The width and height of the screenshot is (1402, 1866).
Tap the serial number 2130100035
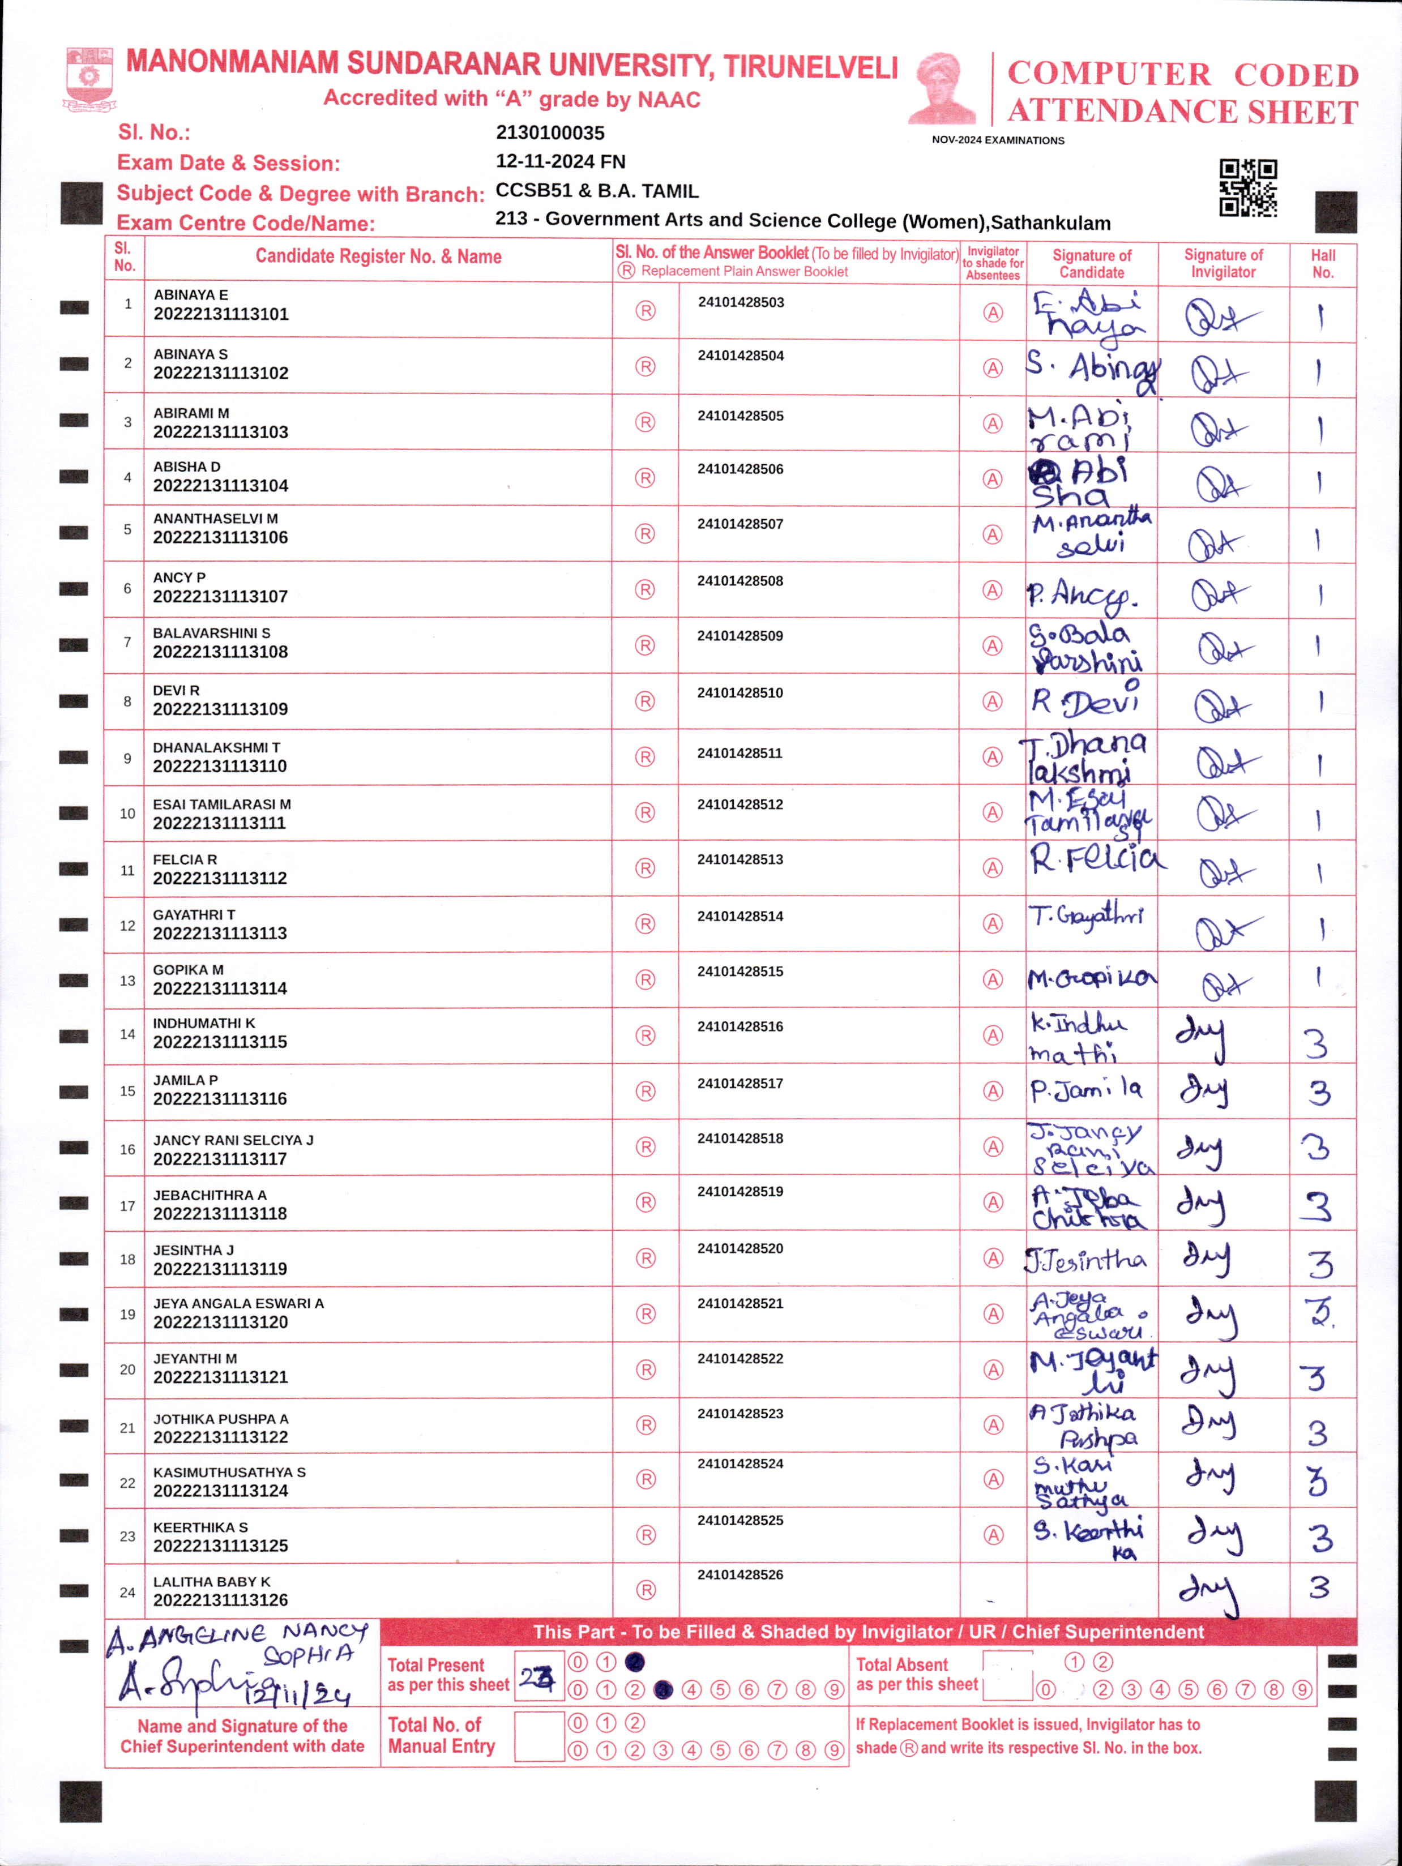coord(550,132)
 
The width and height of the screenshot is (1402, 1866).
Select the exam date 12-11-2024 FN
coord(560,161)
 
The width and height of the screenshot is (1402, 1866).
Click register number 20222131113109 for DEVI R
coord(220,709)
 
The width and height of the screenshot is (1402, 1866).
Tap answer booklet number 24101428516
coord(740,1026)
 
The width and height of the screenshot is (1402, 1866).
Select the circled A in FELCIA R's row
coord(993,868)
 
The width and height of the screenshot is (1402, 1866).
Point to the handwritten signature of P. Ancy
coord(1082,594)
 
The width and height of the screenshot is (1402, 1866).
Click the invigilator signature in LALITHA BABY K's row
coord(1209,1593)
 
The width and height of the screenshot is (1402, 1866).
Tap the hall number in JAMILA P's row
coord(1319,1093)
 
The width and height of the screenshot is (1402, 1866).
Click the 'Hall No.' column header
coord(1323,263)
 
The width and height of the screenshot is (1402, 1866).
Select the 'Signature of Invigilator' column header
coord(1223,263)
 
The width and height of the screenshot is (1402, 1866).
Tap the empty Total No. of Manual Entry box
coord(538,1736)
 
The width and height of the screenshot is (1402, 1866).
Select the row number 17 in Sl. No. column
coord(127,1205)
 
